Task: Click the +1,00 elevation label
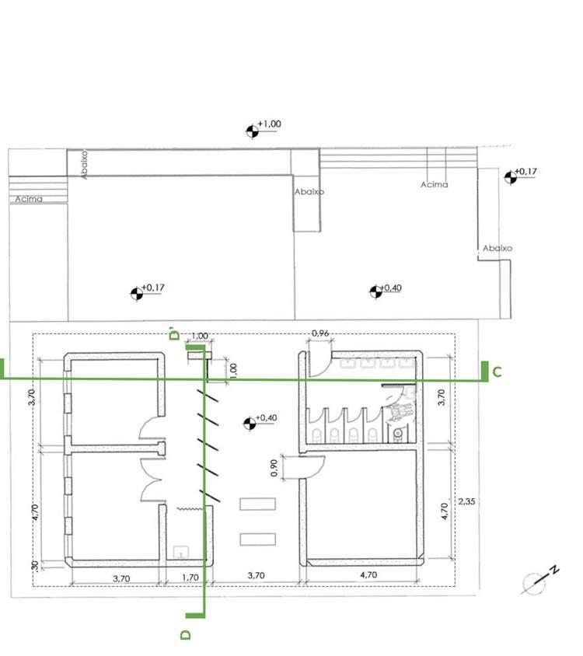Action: (269, 124)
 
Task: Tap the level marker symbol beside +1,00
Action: (252, 131)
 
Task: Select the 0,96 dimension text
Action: (320, 333)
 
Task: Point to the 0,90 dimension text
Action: (274, 468)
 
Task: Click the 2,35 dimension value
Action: (466, 501)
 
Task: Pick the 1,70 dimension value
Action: (190, 577)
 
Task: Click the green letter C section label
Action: (497, 372)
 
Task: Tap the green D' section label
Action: (174, 333)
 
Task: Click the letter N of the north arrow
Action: (554, 570)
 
